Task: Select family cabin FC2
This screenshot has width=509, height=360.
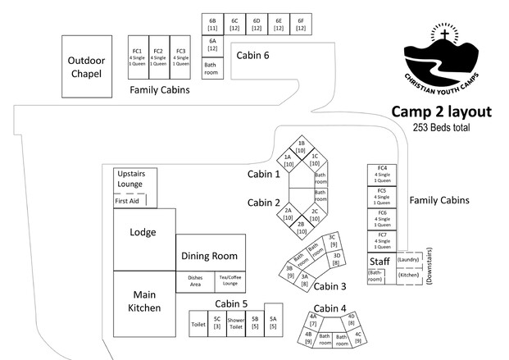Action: [158, 57]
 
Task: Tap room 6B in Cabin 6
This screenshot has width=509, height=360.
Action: [212, 25]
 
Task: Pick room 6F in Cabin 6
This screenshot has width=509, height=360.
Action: [301, 25]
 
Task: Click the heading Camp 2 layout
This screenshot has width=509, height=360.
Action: [440, 112]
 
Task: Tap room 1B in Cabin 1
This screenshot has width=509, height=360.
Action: [301, 147]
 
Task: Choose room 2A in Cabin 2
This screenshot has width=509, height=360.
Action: [289, 214]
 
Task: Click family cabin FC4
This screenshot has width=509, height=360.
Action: [382, 175]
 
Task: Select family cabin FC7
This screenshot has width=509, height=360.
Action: [382, 240]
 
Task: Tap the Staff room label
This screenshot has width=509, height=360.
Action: [379, 262]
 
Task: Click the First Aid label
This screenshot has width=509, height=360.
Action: [127, 201]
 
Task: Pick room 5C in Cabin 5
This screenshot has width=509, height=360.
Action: [217, 322]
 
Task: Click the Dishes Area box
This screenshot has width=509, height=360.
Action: [195, 281]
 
